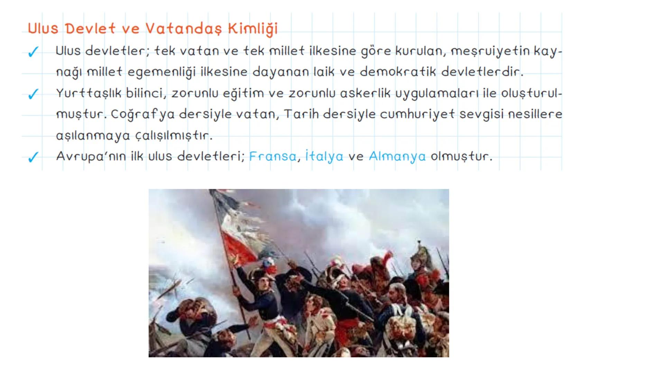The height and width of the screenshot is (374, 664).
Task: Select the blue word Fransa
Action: [273, 157]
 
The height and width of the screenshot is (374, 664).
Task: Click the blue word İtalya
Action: [324, 157]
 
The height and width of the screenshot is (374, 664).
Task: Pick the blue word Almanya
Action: [397, 157]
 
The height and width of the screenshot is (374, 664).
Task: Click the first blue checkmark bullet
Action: [33, 52]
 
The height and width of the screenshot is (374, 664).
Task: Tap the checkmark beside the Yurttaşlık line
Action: [33, 94]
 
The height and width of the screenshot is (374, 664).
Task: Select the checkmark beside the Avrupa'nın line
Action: [33, 157]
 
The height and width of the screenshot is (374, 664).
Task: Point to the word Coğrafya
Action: [142, 115]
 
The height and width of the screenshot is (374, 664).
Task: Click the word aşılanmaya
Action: [93, 135]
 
